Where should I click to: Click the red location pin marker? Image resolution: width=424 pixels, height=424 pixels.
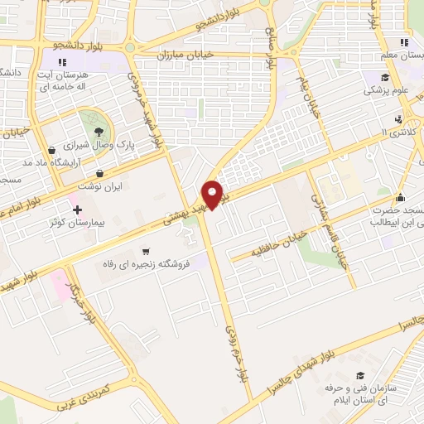214,195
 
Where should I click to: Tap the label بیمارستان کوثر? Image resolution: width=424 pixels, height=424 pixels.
111,224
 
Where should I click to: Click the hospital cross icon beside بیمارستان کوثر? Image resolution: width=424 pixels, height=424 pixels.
78,210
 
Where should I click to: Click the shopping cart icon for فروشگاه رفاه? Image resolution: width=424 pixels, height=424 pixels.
146,250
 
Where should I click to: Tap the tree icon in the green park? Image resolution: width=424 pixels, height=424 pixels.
99,129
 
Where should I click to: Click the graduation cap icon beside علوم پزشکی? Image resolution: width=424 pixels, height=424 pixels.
384,78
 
